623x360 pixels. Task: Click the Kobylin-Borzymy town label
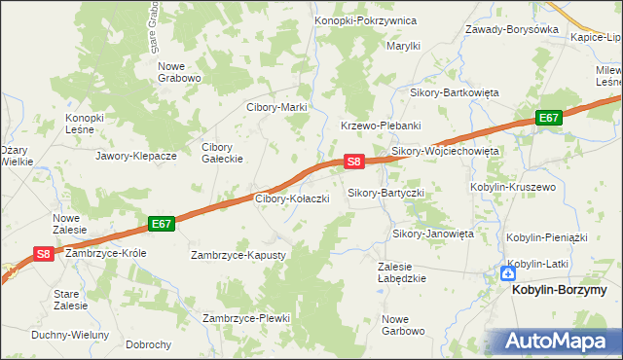(567, 290)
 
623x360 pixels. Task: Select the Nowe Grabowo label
(179, 72)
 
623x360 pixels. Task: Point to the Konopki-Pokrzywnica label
(366, 20)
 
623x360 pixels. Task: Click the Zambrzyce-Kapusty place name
(238, 255)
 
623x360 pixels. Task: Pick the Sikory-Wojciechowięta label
(445, 152)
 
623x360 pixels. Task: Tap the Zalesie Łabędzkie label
(401, 271)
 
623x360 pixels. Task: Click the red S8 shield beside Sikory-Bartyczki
(354, 162)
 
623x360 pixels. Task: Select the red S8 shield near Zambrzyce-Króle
(44, 254)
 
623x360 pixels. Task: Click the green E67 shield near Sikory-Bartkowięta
(550, 118)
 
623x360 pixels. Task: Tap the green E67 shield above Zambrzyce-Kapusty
(163, 224)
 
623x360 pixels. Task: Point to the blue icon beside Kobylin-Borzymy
(507, 274)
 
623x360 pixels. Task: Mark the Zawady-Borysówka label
(512, 29)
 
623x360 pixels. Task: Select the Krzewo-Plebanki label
(380, 126)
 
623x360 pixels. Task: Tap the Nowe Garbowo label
(403, 325)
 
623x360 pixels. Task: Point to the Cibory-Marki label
(277, 107)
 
